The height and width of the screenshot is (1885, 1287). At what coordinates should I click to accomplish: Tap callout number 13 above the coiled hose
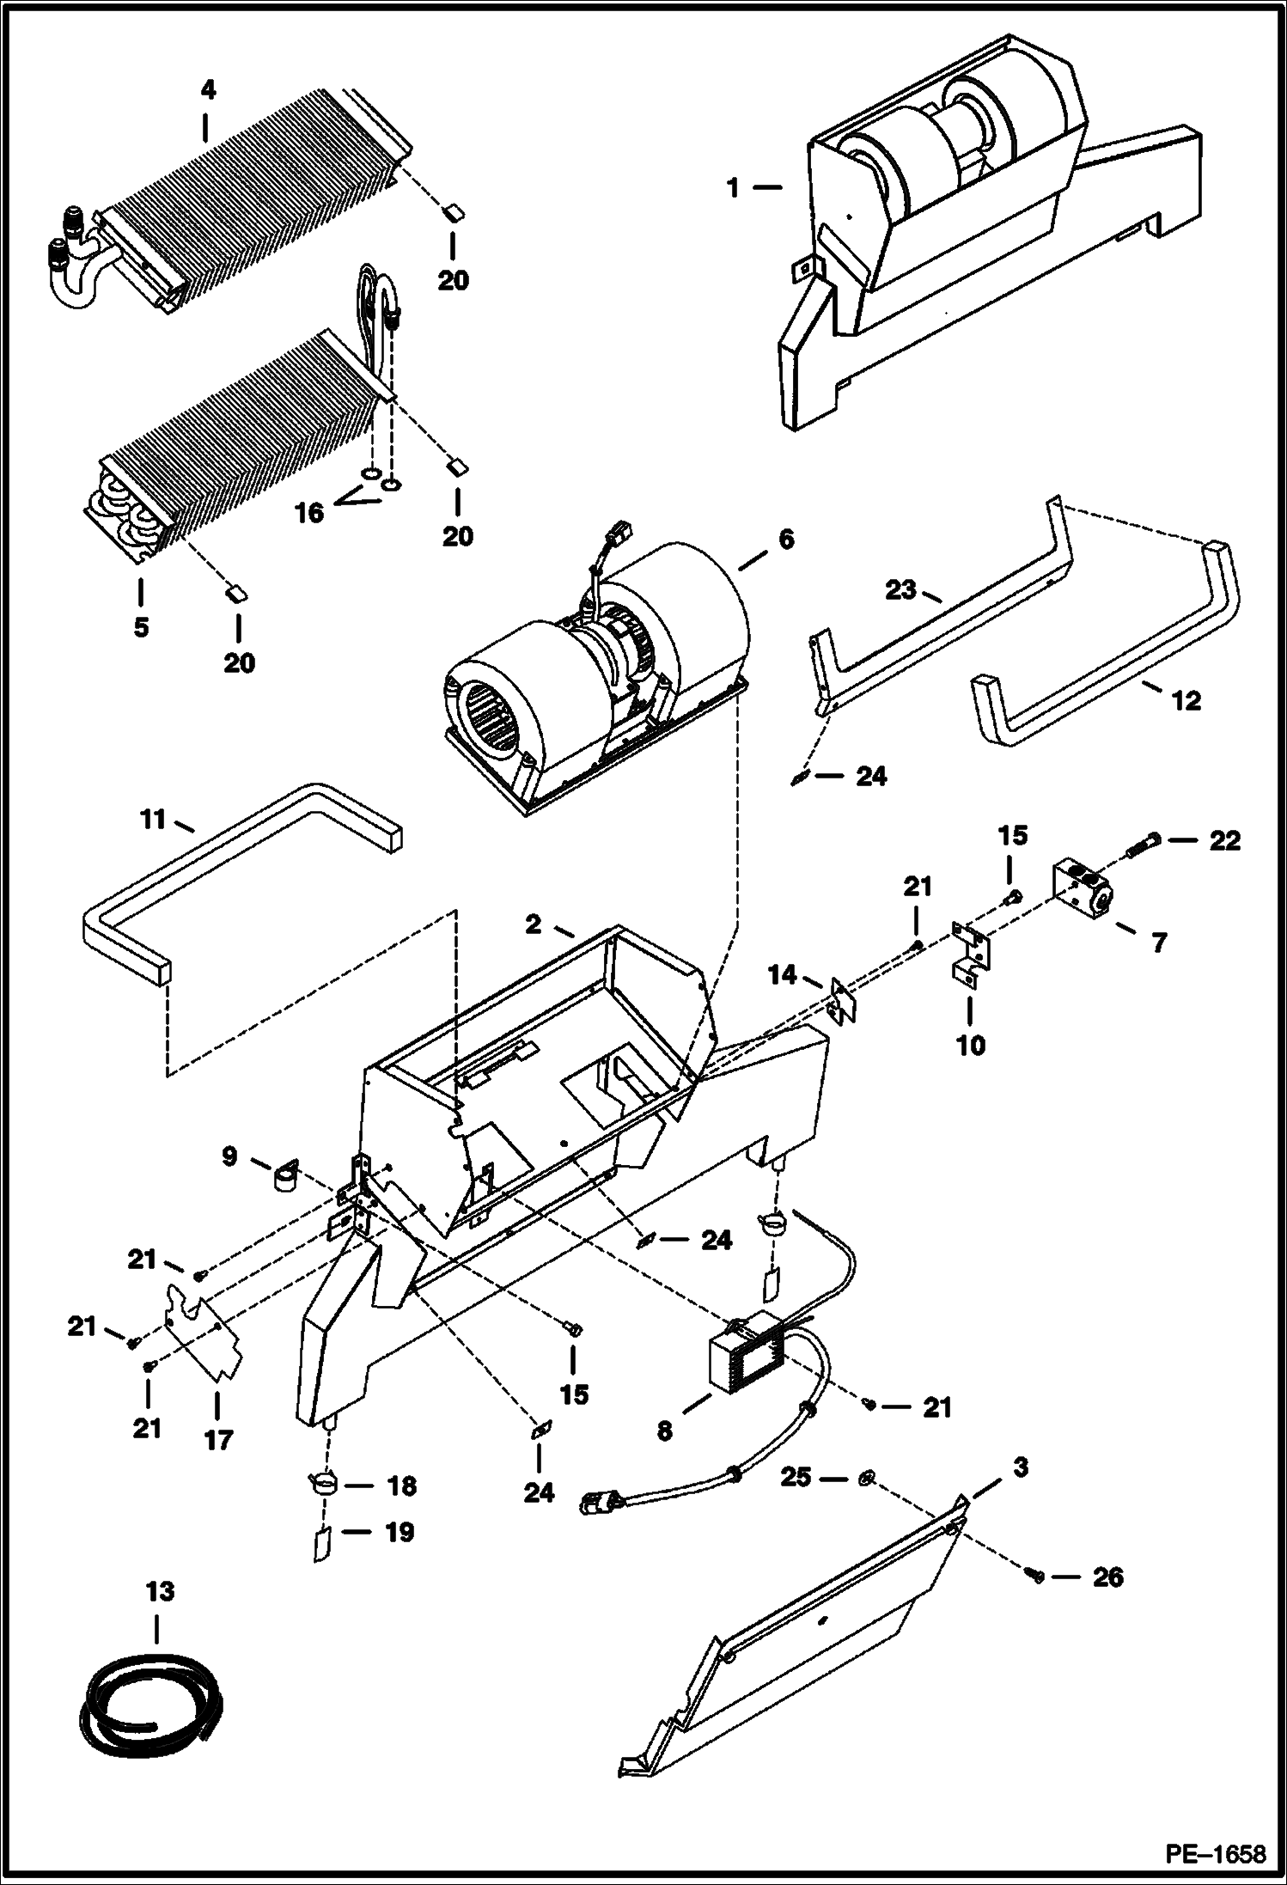point(160,1592)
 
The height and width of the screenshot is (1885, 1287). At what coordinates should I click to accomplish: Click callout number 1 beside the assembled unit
point(733,187)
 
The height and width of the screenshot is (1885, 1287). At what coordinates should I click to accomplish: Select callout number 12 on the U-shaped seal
point(1186,700)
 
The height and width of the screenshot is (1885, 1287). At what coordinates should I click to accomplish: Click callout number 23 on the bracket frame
point(901,591)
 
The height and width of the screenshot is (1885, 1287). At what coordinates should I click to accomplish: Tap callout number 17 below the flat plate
point(218,1439)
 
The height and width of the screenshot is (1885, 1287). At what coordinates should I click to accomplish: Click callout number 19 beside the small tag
point(400,1532)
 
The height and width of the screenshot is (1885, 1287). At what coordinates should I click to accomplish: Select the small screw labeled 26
point(1034,1575)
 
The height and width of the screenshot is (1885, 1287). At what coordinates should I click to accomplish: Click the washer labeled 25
point(867,1479)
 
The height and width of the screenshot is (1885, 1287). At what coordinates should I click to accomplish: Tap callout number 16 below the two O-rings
point(310,513)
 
